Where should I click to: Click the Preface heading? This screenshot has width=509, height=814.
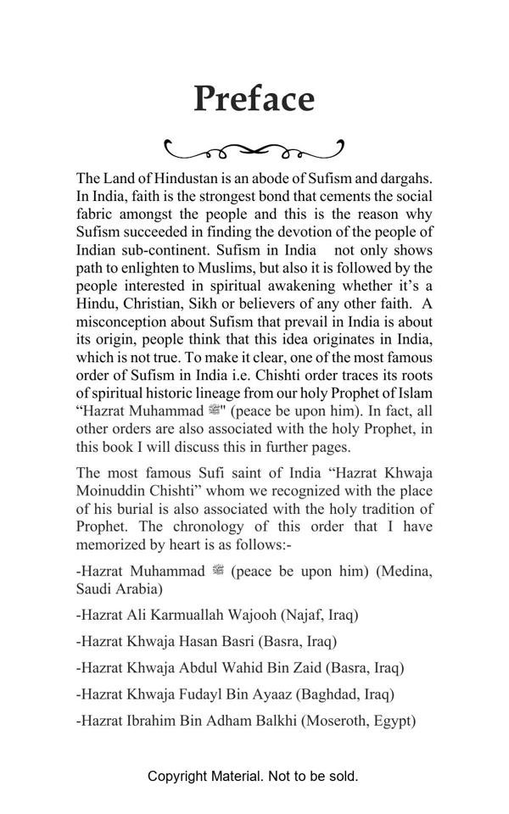254,99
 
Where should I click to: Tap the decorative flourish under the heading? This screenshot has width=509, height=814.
254,151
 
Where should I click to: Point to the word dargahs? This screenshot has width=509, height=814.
404,179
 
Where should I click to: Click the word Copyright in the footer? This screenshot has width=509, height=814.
177,776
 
